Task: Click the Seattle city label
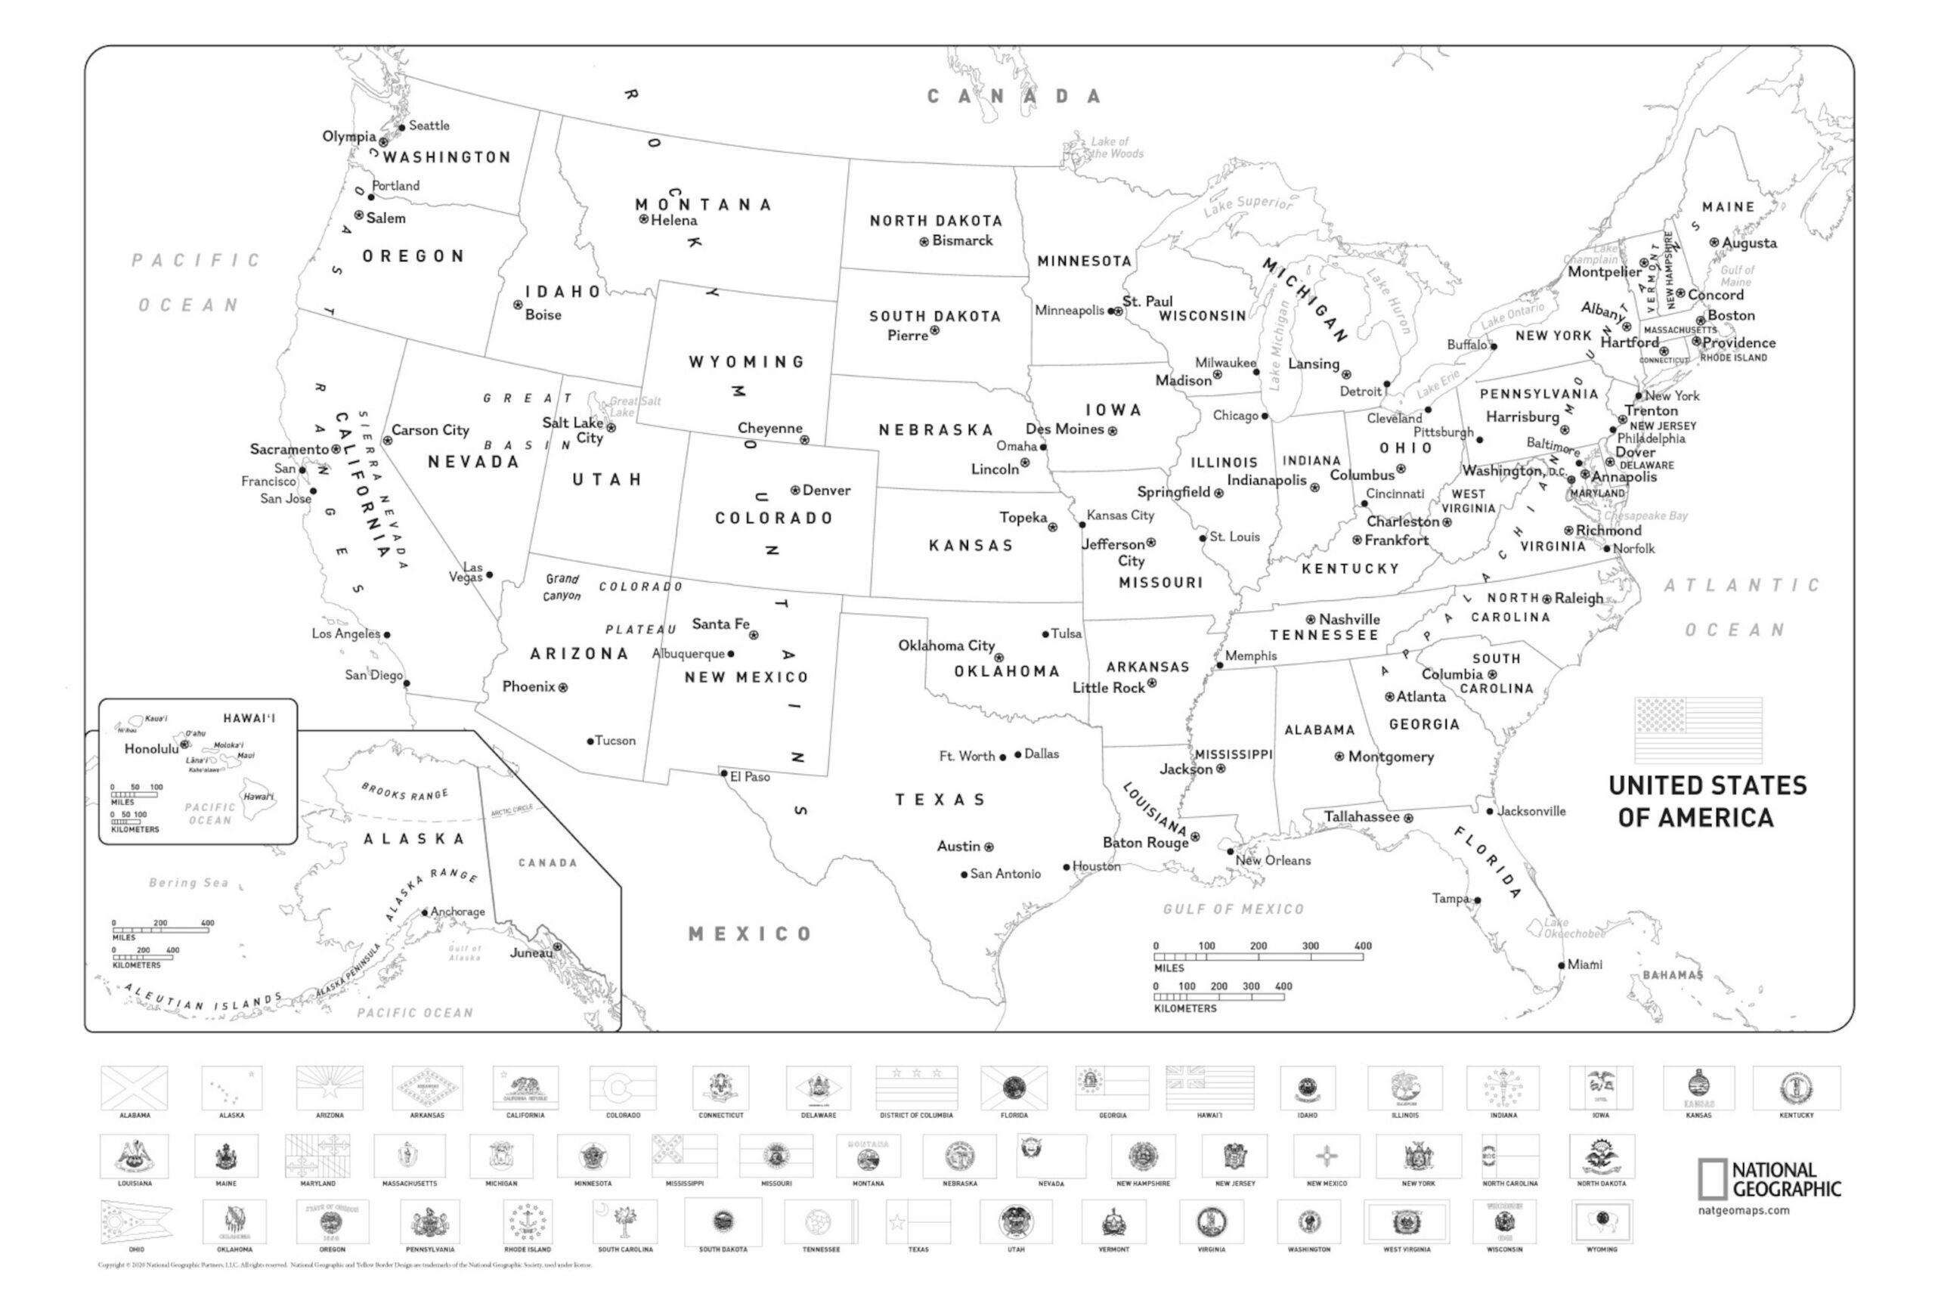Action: click(x=429, y=126)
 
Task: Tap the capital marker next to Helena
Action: click(x=644, y=219)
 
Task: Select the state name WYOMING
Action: click(x=747, y=362)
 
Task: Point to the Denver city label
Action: click(x=826, y=491)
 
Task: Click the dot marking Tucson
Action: click(x=590, y=741)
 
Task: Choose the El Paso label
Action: click(x=750, y=776)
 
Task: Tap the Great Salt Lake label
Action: click(x=634, y=407)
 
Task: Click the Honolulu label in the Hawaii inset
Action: click(x=150, y=749)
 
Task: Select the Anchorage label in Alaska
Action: click(x=458, y=912)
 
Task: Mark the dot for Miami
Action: click(x=1561, y=965)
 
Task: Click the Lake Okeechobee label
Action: click(x=1574, y=929)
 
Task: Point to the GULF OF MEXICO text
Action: click(x=1234, y=909)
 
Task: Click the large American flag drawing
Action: click(x=1698, y=729)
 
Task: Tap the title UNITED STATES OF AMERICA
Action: click(x=1707, y=801)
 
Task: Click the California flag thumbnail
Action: click(x=525, y=1088)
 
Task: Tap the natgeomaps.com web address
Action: click(x=1743, y=1211)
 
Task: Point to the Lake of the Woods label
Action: click(x=1116, y=147)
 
